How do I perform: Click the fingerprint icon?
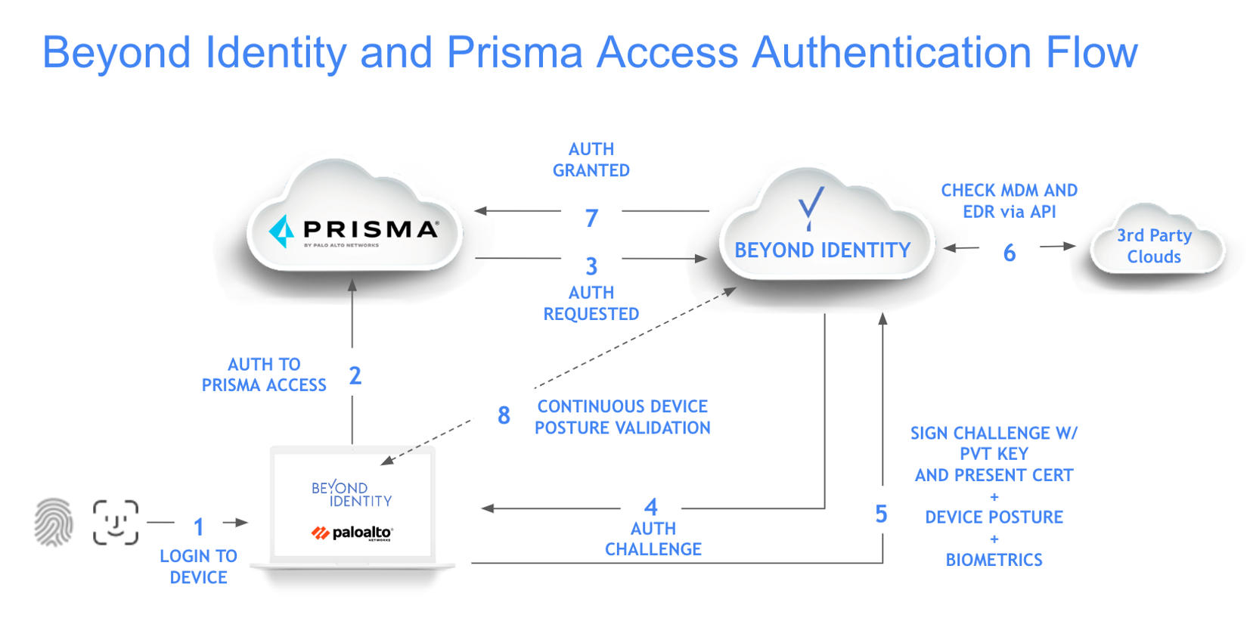coord(54,522)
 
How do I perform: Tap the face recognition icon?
coord(116,522)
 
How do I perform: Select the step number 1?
coord(198,526)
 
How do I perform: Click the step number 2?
coord(355,375)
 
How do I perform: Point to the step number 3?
coord(591,266)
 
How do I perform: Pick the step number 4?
coord(651,506)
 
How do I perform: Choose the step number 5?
coord(881,514)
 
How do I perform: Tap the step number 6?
coord(1009,253)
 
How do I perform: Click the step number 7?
coord(591,218)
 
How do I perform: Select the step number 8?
coord(504,415)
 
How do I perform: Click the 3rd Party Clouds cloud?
coord(1154,246)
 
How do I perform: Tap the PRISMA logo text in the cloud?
coord(370,229)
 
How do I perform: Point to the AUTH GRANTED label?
coord(591,160)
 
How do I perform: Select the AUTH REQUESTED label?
coord(591,303)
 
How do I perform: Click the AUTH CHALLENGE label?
coord(653,539)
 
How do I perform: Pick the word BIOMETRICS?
coord(994,560)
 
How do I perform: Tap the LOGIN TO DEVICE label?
coord(198,567)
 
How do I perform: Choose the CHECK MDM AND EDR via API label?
coord(1009,201)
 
